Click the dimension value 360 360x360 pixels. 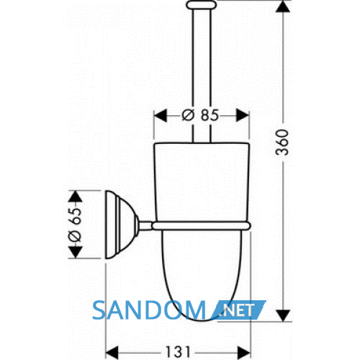(x=282, y=143)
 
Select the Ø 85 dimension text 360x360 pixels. (x=201, y=115)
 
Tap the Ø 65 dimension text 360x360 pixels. (x=75, y=225)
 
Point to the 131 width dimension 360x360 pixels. (x=178, y=352)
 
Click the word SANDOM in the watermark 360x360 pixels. (x=149, y=310)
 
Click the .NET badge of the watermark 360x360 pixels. (x=238, y=310)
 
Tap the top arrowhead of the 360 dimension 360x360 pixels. (x=283, y=6)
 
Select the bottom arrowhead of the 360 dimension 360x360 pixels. (x=283, y=315)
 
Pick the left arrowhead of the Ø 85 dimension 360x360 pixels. (x=160, y=115)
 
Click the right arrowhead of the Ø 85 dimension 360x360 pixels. (x=243, y=115)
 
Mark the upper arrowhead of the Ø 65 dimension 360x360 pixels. (x=76, y=197)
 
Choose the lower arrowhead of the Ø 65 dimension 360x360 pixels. (x=76, y=252)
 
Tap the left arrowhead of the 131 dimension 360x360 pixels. (x=112, y=353)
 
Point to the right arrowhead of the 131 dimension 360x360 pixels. (x=244, y=353)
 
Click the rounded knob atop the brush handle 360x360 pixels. (x=202, y=5)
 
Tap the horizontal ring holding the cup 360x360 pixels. (x=201, y=226)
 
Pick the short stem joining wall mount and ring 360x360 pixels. (x=145, y=226)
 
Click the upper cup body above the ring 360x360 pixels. (x=202, y=182)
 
